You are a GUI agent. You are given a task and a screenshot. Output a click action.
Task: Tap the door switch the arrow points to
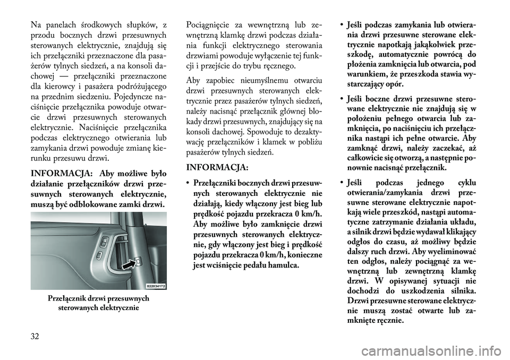click(137, 261)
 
